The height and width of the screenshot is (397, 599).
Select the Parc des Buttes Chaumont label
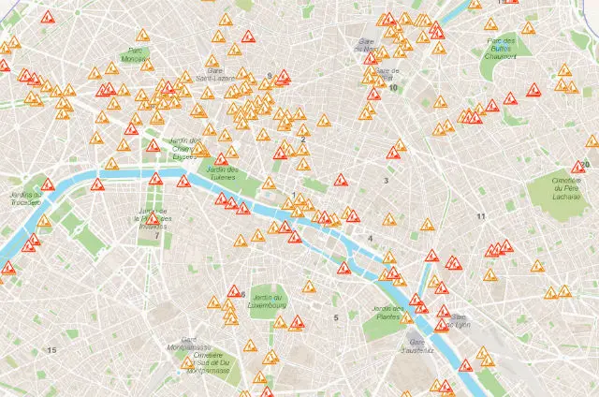pyautogui.click(x=503, y=47)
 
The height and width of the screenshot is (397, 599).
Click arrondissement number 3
pyautogui.click(x=385, y=180)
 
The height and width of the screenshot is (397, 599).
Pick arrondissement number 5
pyautogui.click(x=335, y=318)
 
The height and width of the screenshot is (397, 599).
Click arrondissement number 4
pyautogui.click(x=371, y=239)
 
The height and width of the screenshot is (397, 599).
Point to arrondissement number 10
pyautogui.click(x=393, y=88)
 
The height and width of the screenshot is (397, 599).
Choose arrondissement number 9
pyautogui.click(x=269, y=76)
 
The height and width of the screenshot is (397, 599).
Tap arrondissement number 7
pyautogui.click(x=156, y=236)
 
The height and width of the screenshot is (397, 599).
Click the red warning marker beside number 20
pyautogui.click(x=577, y=169)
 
